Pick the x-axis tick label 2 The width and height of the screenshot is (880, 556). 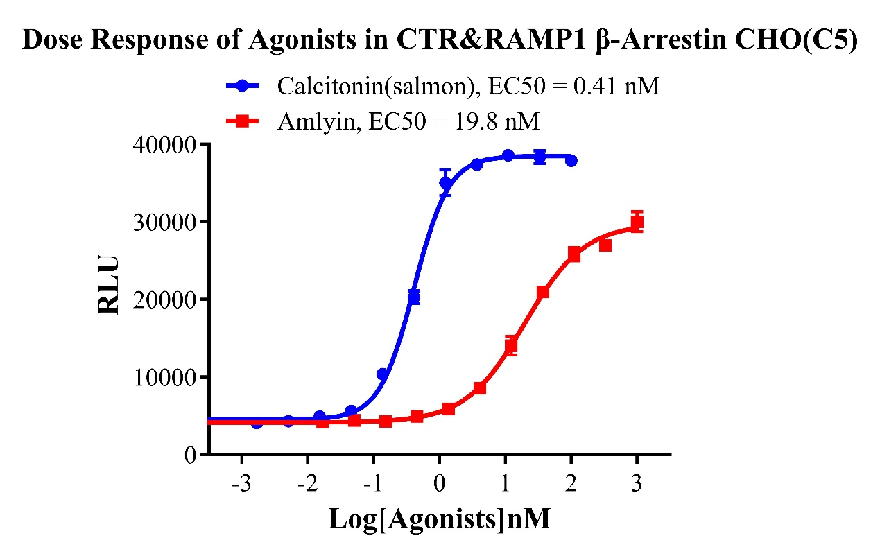[x=571, y=483]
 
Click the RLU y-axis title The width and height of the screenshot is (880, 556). [x=108, y=286]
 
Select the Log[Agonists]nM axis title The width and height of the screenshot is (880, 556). [x=440, y=519]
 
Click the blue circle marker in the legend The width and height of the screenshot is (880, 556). [x=242, y=87]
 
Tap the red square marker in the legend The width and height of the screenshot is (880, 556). [x=242, y=122]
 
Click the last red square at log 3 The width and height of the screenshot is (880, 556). [x=637, y=223]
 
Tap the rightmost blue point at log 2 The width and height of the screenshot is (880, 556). [x=571, y=160]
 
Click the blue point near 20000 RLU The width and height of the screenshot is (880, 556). [x=414, y=297]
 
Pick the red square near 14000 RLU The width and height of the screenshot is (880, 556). [x=511, y=346]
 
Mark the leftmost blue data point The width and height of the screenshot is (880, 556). [x=257, y=423]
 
